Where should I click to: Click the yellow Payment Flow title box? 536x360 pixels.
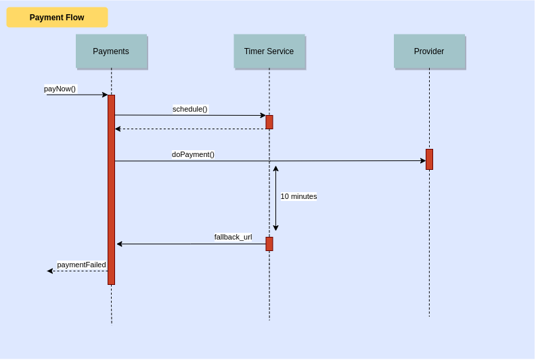(x=57, y=18)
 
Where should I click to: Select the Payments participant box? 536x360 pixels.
(x=111, y=51)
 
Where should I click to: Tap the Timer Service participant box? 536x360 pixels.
(x=269, y=51)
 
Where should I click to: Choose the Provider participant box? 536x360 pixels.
(x=429, y=51)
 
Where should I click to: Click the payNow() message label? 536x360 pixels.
(x=60, y=89)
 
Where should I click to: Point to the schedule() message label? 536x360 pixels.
(x=190, y=109)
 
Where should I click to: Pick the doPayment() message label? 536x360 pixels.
(x=193, y=154)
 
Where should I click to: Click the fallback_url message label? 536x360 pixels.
(x=233, y=237)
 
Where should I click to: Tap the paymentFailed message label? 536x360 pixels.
(x=81, y=265)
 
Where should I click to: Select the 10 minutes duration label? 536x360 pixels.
(x=298, y=196)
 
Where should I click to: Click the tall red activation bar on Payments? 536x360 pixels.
(x=111, y=189)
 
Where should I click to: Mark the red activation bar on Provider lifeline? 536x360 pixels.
(x=429, y=159)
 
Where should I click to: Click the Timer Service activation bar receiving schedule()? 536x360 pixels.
(x=269, y=122)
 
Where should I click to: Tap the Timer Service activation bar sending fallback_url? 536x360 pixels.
(x=269, y=244)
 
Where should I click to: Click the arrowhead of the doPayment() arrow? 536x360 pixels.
(x=423, y=161)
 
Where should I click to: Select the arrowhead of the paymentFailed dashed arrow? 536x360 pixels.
(x=50, y=271)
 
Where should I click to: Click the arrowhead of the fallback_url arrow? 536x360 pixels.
(x=120, y=244)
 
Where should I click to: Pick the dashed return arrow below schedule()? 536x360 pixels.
(x=189, y=129)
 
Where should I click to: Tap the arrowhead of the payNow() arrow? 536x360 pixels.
(x=105, y=95)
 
